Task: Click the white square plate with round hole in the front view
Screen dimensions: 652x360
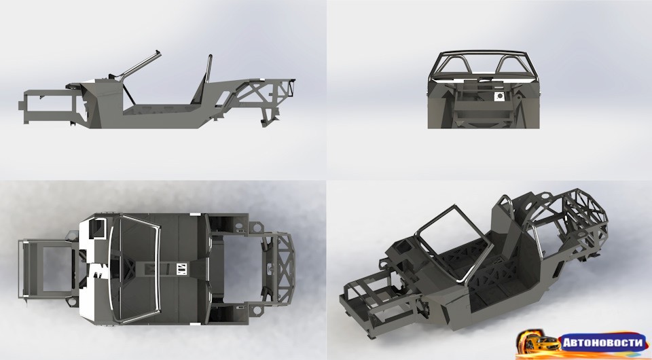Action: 499,96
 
